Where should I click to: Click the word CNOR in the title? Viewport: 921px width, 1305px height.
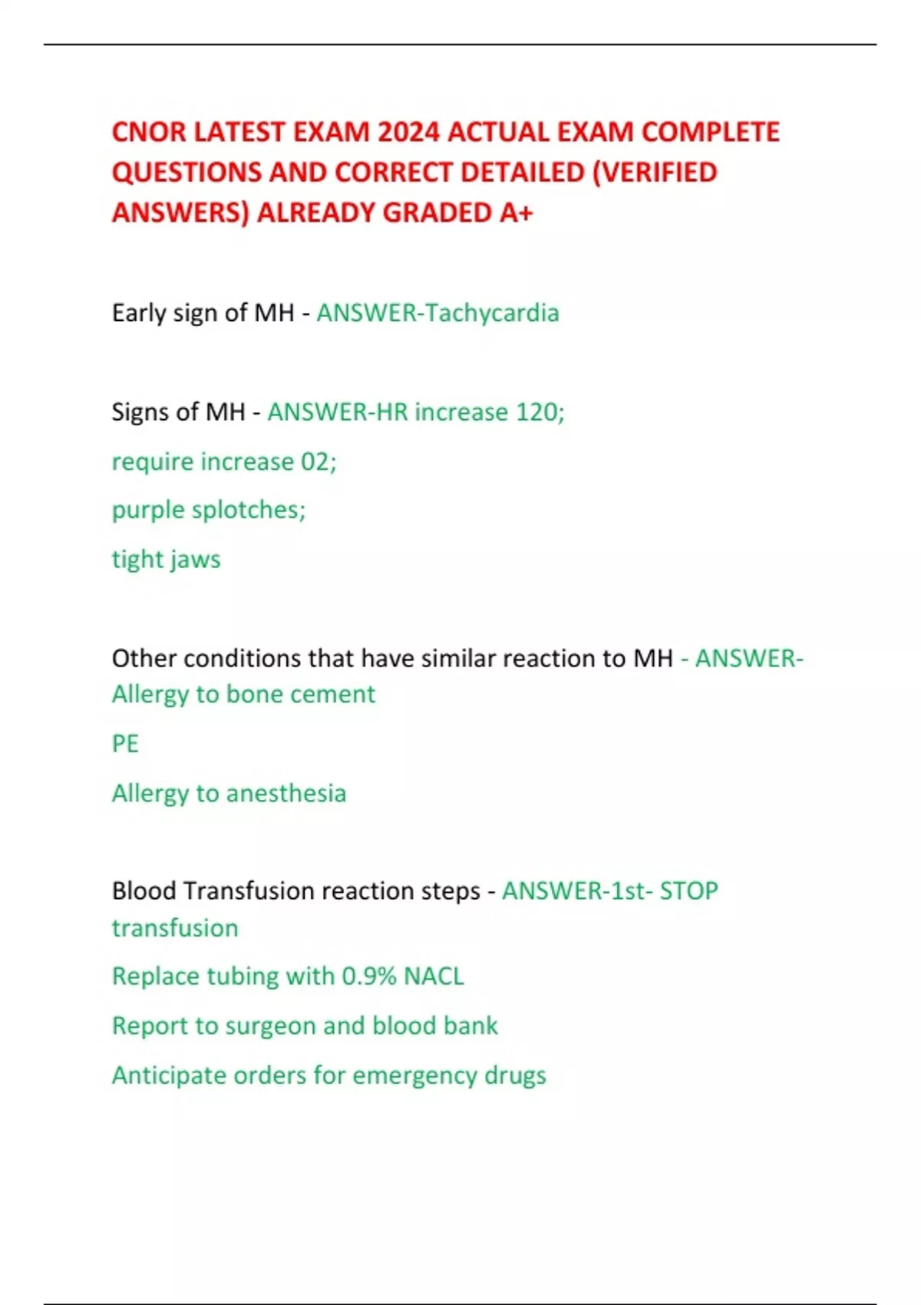[149, 133]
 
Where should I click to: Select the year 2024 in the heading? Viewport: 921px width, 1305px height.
[408, 133]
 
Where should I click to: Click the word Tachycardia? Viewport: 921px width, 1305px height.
[492, 313]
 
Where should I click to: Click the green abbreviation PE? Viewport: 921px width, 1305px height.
[125, 744]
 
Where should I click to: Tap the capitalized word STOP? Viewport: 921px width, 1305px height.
[688, 891]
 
